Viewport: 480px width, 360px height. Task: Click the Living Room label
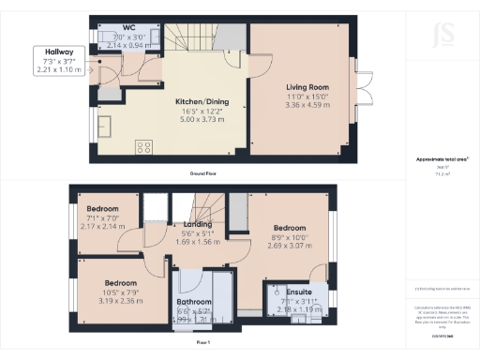tap(308, 87)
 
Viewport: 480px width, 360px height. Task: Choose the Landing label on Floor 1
tap(197, 225)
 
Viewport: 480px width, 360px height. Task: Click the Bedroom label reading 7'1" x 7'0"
tap(102, 208)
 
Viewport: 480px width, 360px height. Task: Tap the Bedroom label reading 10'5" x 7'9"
tap(122, 283)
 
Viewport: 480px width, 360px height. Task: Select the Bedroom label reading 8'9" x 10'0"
tap(290, 228)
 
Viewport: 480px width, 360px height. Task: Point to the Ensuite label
tap(298, 291)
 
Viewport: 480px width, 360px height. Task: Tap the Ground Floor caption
tap(203, 173)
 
